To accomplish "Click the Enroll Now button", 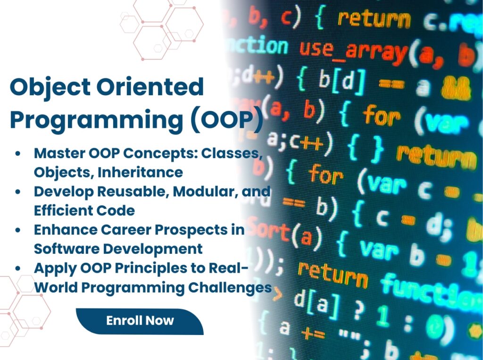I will tap(140, 321).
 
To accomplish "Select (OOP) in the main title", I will tap(227, 119).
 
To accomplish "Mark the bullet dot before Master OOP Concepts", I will tap(18, 154).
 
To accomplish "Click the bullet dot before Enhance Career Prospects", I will tap(18, 230).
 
